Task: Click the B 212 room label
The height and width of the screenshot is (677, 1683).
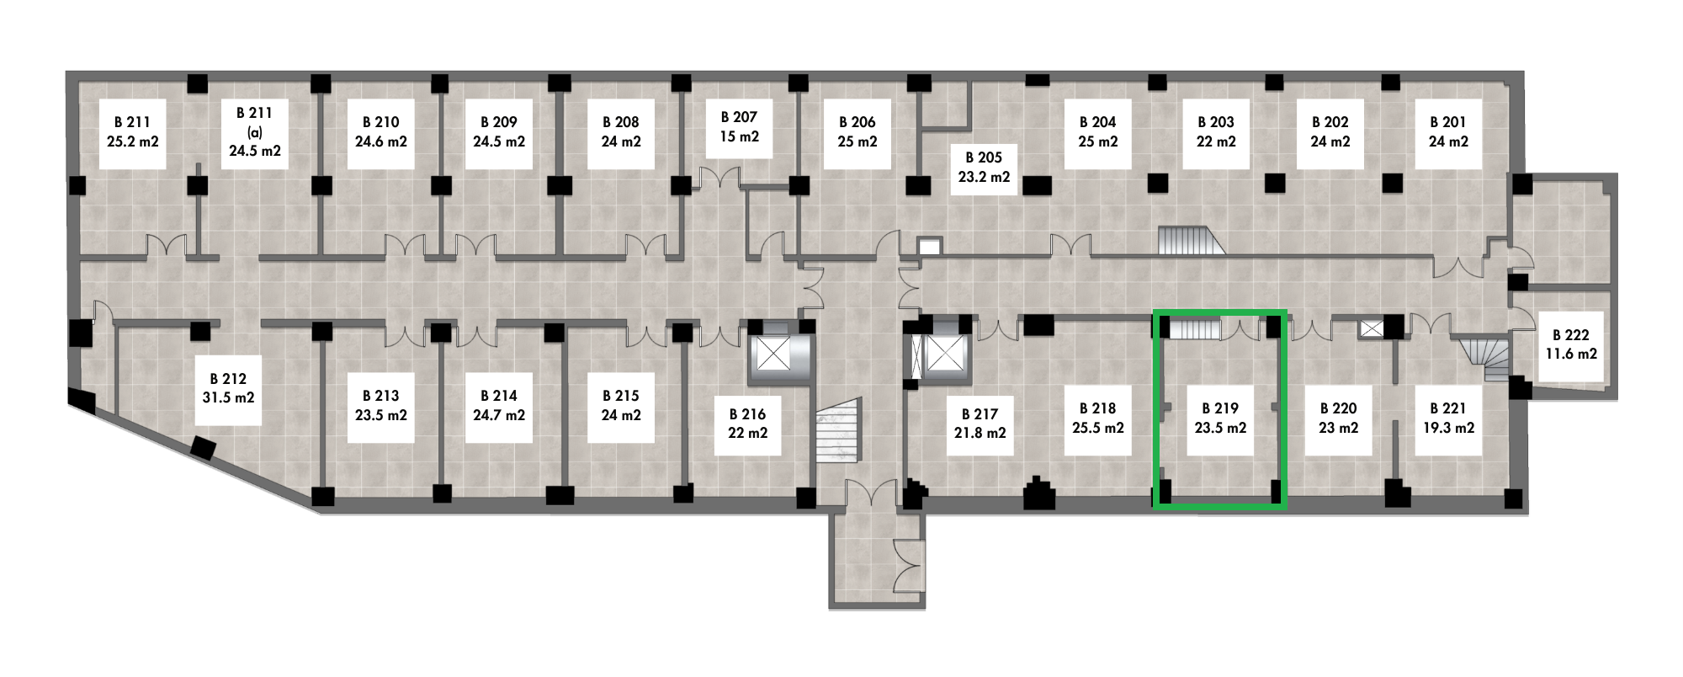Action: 228,389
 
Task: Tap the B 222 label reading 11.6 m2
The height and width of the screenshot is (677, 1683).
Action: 1570,344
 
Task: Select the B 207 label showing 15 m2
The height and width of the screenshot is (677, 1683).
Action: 739,126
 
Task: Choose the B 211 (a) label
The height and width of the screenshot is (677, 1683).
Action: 255,132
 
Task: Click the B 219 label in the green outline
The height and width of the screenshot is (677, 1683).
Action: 1220,418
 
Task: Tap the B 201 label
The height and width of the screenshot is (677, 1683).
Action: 1447,132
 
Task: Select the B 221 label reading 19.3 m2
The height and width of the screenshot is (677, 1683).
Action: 1447,418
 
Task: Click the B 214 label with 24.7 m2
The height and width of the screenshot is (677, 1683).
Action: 499,406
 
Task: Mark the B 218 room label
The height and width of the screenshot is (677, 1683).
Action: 1098,418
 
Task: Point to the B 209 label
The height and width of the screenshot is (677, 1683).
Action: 499,132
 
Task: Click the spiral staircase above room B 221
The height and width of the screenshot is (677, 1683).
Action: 1489,359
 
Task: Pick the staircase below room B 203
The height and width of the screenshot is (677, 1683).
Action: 1192,242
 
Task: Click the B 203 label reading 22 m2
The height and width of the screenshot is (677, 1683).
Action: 1216,132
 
